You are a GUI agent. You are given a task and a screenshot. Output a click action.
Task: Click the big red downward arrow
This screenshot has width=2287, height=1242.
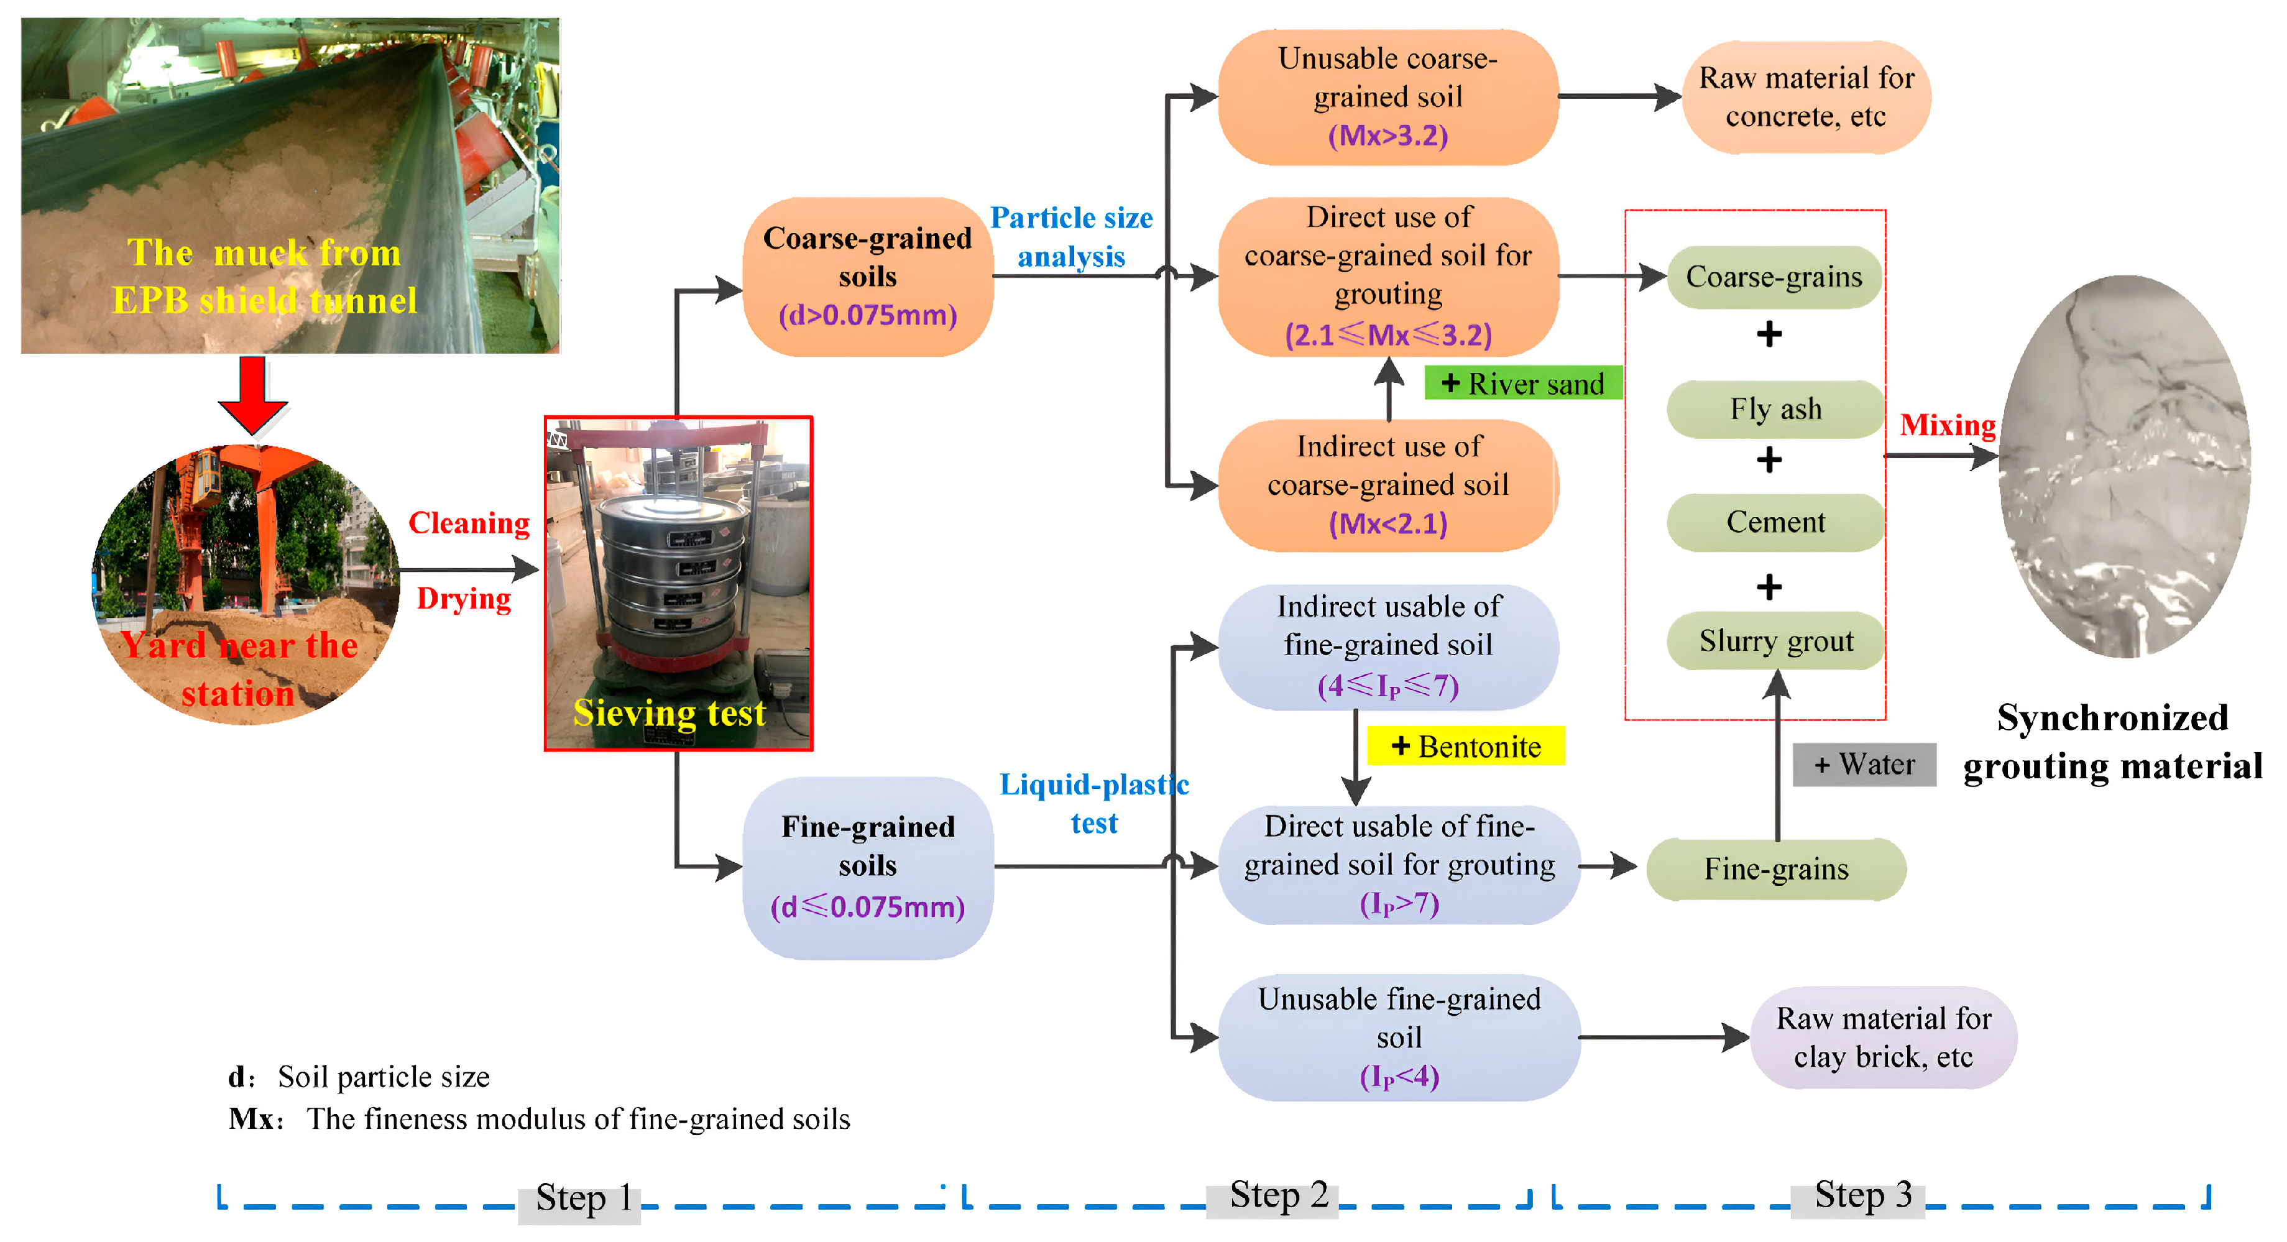253,393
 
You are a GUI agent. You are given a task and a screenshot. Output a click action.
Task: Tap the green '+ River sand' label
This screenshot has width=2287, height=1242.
1522,384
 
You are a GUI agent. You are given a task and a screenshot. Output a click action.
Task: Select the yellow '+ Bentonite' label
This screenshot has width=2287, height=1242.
1466,747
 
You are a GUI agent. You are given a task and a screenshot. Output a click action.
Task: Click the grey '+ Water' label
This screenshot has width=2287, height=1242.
1864,765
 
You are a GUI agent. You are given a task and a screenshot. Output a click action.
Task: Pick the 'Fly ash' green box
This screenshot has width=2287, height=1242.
1775,409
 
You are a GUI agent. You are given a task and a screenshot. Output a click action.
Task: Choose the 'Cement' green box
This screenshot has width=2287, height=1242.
1775,522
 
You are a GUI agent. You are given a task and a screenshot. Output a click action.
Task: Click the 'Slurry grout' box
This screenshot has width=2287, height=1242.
1775,641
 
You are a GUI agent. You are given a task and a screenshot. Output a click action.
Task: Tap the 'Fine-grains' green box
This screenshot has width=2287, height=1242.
1775,869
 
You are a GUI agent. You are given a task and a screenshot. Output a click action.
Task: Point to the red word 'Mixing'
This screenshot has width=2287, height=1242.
1947,425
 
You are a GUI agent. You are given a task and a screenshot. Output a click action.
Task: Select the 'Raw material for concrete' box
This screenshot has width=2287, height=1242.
1806,97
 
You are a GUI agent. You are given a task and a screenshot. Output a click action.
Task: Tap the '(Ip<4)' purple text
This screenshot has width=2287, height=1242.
1399,1077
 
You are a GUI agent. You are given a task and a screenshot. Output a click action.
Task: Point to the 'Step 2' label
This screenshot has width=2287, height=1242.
1279,1195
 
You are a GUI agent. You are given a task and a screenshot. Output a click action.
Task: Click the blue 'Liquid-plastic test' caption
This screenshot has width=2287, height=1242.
1094,803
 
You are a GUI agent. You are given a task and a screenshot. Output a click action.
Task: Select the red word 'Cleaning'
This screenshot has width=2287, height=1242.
469,523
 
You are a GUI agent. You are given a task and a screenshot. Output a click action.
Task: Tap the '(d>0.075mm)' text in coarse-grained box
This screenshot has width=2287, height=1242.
867,315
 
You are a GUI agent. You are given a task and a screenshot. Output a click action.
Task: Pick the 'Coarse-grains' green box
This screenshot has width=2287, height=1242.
1774,277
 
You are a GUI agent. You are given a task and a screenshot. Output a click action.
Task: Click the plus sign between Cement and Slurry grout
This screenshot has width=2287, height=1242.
1769,587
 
